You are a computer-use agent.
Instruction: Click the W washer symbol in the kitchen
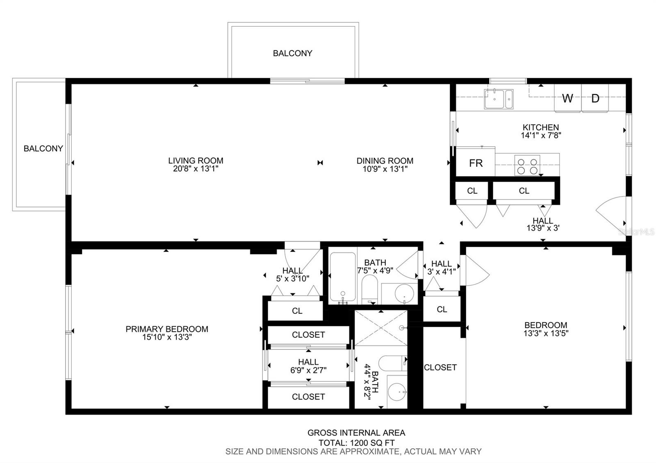click(567, 98)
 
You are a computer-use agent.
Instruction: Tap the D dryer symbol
click(595, 98)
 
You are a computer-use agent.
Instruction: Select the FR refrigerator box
click(476, 162)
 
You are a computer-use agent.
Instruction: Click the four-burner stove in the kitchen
click(527, 166)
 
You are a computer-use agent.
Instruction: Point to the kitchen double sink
click(499, 99)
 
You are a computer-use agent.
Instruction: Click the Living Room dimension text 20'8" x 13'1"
click(196, 168)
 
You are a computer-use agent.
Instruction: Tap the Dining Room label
click(385, 161)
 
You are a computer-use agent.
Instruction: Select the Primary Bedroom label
click(167, 329)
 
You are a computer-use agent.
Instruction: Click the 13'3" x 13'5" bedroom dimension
click(546, 333)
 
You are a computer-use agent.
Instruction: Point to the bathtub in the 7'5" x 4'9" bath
click(343, 277)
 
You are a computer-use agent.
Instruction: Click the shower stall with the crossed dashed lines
click(381, 328)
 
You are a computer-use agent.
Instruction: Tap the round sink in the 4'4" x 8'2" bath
click(397, 392)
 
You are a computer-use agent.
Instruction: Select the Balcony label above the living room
click(293, 53)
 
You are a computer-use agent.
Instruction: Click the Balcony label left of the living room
click(43, 148)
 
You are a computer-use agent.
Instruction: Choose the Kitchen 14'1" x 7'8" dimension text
click(541, 135)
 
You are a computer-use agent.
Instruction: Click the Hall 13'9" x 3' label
click(543, 224)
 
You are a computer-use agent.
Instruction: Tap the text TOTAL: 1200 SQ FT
click(356, 443)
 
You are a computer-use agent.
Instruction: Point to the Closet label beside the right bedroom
click(440, 367)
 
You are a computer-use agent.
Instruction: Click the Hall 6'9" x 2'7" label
click(308, 366)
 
